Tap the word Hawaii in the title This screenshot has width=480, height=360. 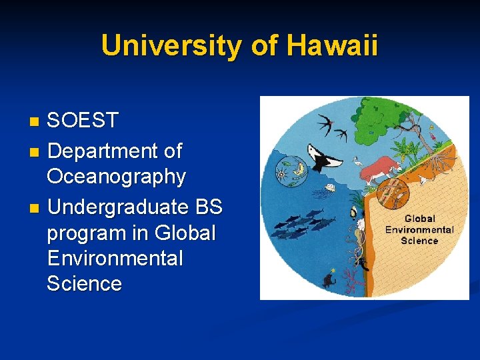(333, 46)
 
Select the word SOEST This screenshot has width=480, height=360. (83, 121)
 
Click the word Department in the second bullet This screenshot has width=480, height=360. (97, 151)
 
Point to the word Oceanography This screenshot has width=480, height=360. (116, 177)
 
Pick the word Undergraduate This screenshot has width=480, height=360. (119, 207)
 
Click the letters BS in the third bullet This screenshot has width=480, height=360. (209, 207)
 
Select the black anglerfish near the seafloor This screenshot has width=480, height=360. (328, 278)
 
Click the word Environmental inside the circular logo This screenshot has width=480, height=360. (419, 229)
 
